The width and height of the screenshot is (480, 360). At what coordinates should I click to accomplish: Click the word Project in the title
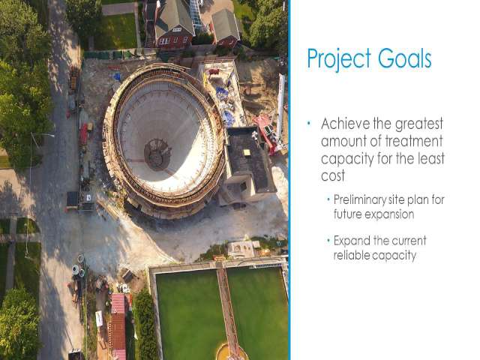pyautogui.click(x=339, y=59)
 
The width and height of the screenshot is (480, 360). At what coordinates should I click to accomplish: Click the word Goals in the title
pyautogui.click(x=404, y=58)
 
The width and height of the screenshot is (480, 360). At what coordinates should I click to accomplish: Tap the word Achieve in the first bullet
pyautogui.click(x=345, y=124)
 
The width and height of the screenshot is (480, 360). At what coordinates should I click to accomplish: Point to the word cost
pyautogui.click(x=333, y=176)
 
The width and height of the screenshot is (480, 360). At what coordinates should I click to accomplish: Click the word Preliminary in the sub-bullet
pyautogui.click(x=360, y=200)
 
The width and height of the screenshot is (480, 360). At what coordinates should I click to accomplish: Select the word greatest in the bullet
pyautogui.click(x=418, y=124)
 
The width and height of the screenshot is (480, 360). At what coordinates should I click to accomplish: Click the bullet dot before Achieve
pyautogui.click(x=309, y=123)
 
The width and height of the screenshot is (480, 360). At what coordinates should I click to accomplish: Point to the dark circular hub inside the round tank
pyautogui.click(x=157, y=154)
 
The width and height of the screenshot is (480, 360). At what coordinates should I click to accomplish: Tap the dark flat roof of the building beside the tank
pyautogui.click(x=248, y=158)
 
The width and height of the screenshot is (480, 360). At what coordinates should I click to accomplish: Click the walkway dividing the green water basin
pyautogui.click(x=227, y=309)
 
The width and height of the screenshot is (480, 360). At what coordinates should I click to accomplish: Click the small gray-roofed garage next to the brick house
pyautogui.click(x=226, y=28)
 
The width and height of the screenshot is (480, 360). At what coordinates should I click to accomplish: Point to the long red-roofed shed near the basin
pyautogui.click(x=118, y=326)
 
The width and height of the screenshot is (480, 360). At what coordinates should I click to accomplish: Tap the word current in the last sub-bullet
pyautogui.click(x=409, y=241)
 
